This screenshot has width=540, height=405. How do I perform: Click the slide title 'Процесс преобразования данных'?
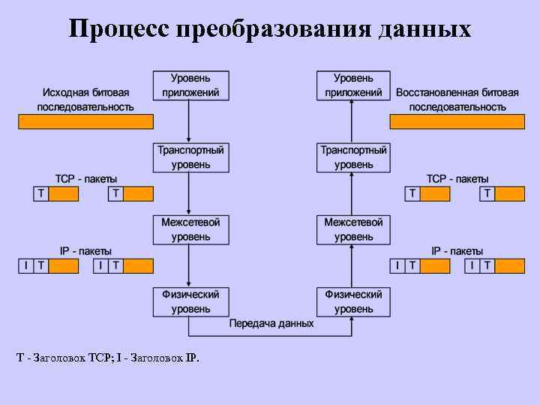point(270,28)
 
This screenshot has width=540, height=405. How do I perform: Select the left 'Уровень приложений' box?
point(190,85)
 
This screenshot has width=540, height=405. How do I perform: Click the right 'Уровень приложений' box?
point(353,85)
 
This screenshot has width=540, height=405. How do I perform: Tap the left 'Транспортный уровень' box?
point(190,157)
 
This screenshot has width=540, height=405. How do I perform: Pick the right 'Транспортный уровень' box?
point(353,157)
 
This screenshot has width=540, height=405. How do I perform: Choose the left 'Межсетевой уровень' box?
point(190,229)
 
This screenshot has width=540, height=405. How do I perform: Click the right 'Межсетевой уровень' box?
point(353,229)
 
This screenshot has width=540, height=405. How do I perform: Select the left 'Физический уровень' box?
point(190,301)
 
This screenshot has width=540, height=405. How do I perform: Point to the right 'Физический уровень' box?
point(353,301)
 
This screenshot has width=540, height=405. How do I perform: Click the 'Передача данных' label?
point(271,324)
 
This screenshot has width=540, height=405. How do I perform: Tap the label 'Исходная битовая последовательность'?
point(85,100)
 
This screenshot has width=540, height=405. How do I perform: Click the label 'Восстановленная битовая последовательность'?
point(457,100)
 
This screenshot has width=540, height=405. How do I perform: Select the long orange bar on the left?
point(85,121)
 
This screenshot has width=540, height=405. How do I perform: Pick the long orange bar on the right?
point(457,121)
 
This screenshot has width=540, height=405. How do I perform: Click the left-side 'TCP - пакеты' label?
point(85,179)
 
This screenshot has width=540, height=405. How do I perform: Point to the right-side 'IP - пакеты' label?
point(457,251)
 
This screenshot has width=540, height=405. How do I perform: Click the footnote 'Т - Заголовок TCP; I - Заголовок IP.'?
point(108,358)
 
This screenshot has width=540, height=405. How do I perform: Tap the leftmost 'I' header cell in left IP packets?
point(25,265)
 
